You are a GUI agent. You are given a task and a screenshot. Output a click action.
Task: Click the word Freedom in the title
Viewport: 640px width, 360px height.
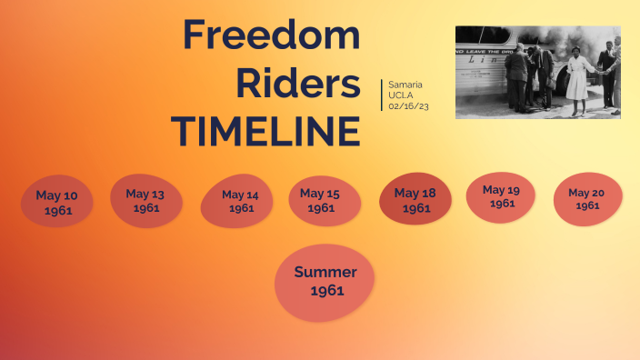271,35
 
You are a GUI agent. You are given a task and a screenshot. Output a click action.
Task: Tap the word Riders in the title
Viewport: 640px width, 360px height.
297,83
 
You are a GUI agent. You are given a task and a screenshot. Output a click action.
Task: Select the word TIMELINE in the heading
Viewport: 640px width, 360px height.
265,131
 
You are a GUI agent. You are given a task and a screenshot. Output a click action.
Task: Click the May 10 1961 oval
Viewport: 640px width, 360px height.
56,202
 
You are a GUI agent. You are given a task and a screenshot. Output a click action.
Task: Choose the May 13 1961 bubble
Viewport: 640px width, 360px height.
145,200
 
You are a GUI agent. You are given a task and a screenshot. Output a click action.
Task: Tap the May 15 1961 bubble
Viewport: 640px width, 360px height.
320,200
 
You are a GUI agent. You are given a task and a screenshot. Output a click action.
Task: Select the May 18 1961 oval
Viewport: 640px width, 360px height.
415,200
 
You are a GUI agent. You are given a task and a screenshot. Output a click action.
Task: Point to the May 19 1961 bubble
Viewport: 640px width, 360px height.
501,196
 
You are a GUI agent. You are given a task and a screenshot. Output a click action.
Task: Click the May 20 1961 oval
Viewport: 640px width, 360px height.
587,198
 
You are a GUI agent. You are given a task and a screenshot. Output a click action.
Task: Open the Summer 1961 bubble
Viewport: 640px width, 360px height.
325,281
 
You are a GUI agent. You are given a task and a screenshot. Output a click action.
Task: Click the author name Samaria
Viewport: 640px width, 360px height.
405,85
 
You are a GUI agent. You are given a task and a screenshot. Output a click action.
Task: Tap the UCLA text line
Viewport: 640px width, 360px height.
401,95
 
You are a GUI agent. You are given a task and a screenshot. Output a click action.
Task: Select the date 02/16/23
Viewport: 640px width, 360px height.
408,106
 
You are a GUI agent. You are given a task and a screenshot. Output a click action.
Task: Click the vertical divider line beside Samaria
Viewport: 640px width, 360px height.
382,95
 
